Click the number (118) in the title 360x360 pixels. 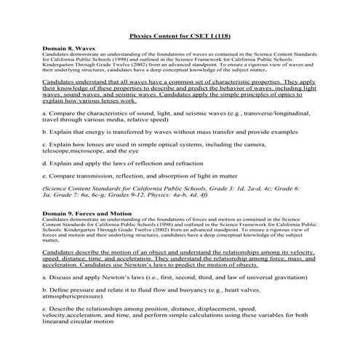(220, 34)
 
